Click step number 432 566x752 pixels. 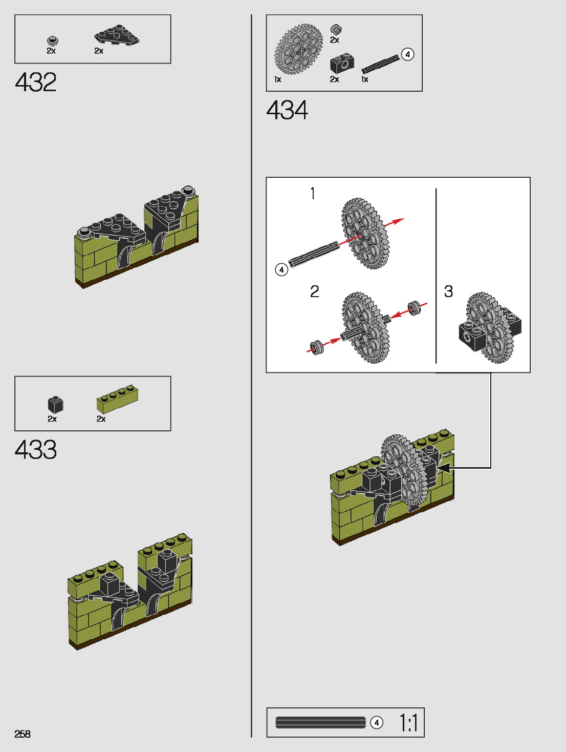coord(36,82)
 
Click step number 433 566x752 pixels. coord(36,449)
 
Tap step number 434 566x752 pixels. coord(287,110)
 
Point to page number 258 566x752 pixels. coord(23,734)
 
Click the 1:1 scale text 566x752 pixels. coord(408,723)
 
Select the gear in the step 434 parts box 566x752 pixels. coord(298,49)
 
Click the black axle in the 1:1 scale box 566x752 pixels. coord(321,722)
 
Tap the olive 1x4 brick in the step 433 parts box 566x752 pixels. coord(117,399)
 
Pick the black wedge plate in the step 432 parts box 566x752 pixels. coord(117,35)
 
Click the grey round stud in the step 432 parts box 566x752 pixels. coord(52,41)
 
